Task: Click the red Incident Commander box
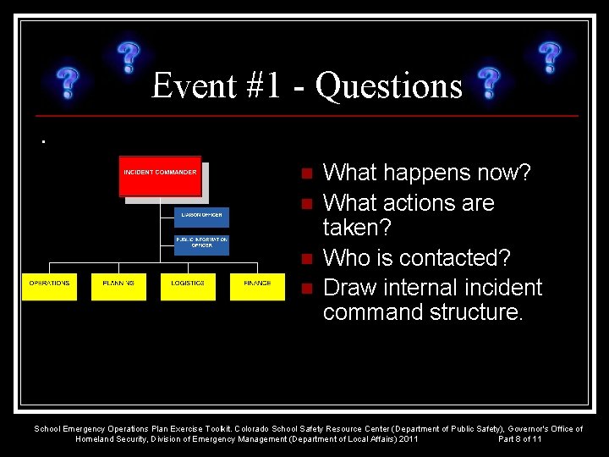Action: tap(160, 176)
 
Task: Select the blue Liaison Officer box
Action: tap(201, 216)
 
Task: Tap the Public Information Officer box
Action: tap(201, 243)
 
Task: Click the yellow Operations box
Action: tap(49, 286)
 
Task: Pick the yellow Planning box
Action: tap(118, 286)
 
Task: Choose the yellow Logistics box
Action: tap(188, 286)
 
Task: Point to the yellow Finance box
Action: tap(257, 286)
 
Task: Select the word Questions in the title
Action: tap(389, 86)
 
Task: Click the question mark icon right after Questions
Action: tap(487, 85)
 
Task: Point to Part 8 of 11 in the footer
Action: tap(520, 439)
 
